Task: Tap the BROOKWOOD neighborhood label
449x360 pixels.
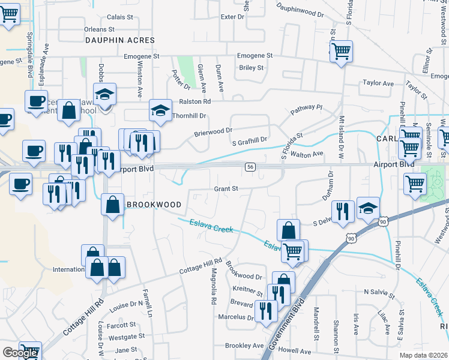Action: (154, 205)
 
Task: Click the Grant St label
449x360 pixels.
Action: (227, 188)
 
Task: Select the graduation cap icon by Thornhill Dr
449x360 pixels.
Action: (160, 110)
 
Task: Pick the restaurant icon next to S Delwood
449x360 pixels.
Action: (342, 210)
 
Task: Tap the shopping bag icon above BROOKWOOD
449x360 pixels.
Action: (113, 204)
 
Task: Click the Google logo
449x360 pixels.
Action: (19, 353)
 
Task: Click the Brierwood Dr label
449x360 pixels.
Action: (212, 131)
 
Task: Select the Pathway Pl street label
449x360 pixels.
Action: (307, 110)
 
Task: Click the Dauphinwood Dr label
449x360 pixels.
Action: (300, 9)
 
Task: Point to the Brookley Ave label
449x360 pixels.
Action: (244, 346)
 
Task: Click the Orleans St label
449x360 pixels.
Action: (99, 29)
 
